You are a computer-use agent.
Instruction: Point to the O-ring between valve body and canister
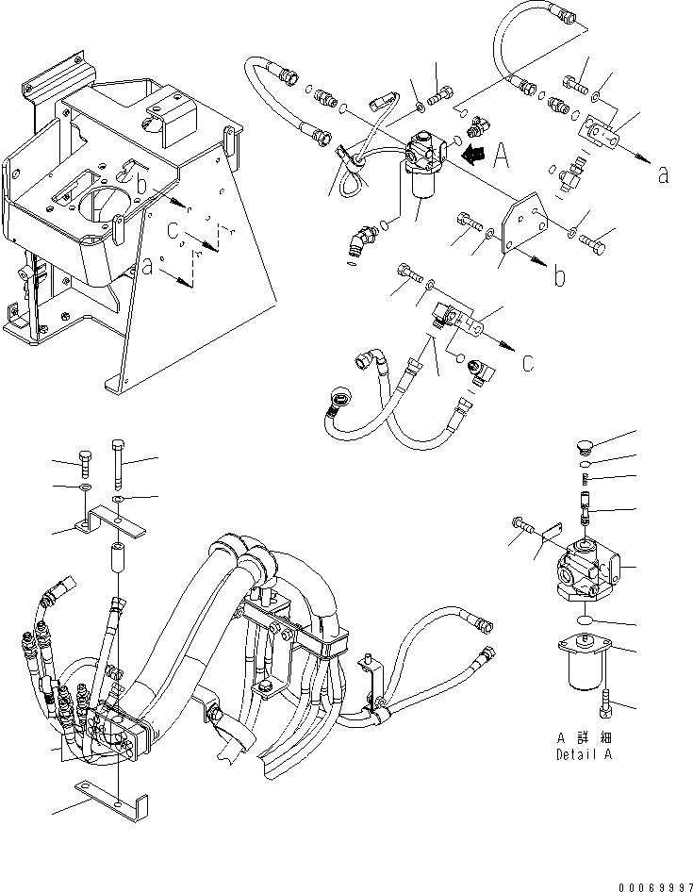(585, 620)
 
